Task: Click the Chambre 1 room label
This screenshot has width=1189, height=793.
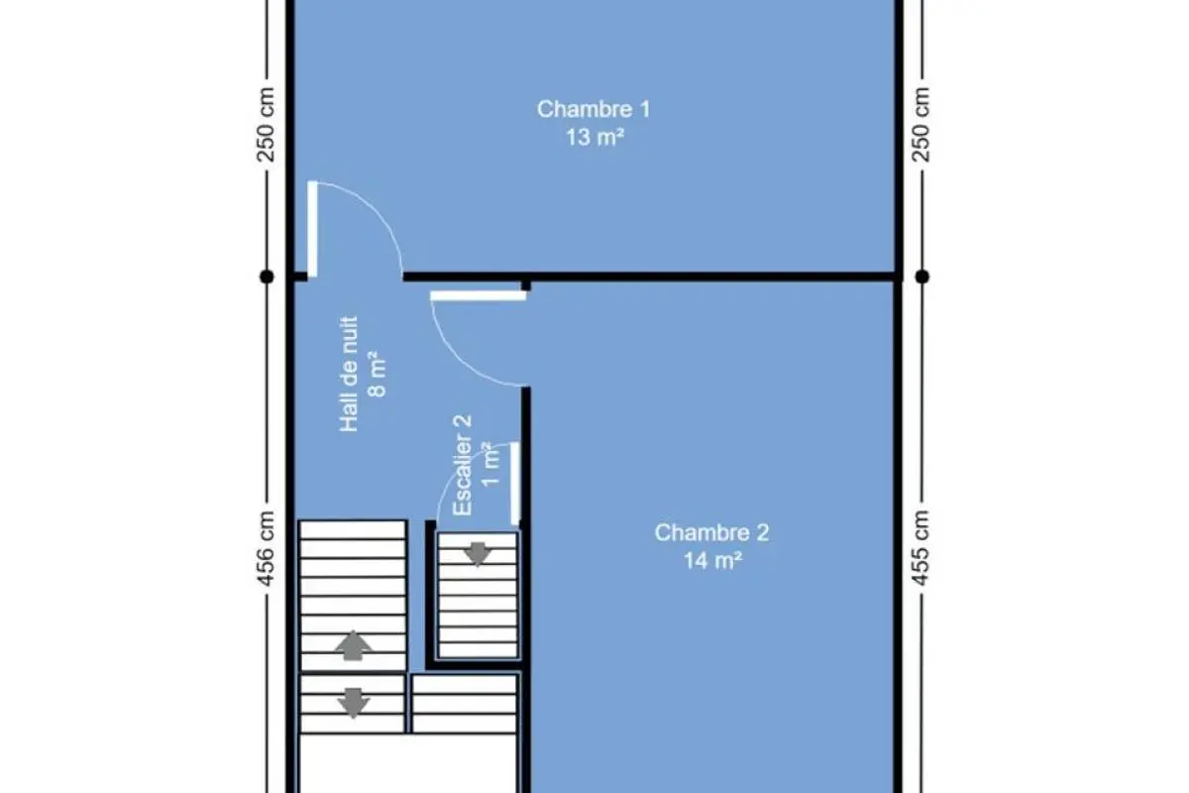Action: coord(594,109)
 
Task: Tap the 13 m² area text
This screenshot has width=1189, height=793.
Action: coord(594,137)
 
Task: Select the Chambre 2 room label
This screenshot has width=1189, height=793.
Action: coord(711,532)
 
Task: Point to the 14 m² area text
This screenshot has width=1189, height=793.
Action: coord(712,560)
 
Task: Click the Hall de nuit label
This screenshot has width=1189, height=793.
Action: coord(349,374)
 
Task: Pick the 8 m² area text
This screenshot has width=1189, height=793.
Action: coord(377,374)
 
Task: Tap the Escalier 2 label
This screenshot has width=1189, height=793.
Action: coord(463,465)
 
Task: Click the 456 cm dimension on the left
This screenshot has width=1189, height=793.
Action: coord(266,549)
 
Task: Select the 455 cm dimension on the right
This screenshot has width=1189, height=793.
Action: coord(921,548)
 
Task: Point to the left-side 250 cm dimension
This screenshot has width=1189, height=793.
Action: coord(266,124)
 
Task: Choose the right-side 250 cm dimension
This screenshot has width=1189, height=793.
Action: coord(921,124)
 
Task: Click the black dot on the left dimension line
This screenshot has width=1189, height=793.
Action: coord(267,277)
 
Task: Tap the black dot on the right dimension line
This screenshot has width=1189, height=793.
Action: coord(922,277)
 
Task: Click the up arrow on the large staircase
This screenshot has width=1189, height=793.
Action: coord(354,645)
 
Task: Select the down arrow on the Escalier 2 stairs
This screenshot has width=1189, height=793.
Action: coord(478,554)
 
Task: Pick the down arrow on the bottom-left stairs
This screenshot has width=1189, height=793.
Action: coord(354,703)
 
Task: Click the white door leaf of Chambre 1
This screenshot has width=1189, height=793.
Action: coord(313,229)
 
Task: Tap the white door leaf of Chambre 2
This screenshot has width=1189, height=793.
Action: coord(479,295)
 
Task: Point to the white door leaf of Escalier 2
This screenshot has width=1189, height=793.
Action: coord(515,484)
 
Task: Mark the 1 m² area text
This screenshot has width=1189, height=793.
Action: coord(490,465)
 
